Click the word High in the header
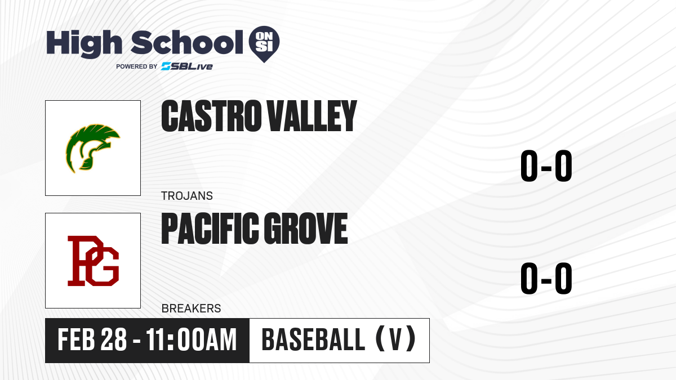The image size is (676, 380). coord(84,43)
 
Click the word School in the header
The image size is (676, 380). coord(187,42)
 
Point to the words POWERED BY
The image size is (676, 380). coord(136,66)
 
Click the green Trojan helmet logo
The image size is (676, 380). coord(92,148)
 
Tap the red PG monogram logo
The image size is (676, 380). coord(93,261)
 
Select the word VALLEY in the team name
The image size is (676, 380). coord(312,116)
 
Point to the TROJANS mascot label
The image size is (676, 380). coord(187,196)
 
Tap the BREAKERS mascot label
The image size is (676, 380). coord(191,309)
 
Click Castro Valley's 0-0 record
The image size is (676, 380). coord(546,166)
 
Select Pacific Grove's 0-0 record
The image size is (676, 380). coord(546,278)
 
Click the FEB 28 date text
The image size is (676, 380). coord(92,339)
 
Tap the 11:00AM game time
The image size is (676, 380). coord(192,339)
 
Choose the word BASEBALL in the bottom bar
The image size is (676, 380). coord(314,339)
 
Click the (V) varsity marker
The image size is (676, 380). coord(395,339)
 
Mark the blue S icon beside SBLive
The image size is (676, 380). coord(166,66)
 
